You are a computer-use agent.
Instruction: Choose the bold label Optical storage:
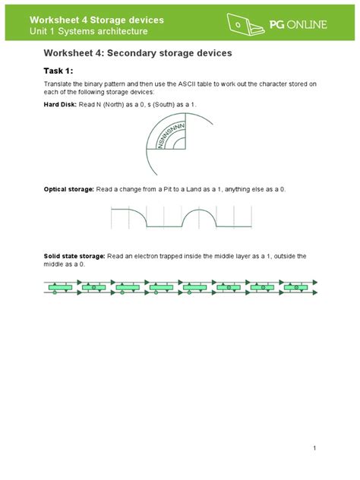(x=68, y=188)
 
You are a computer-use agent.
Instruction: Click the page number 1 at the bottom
(x=314, y=447)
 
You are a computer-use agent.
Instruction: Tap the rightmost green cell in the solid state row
(x=292, y=289)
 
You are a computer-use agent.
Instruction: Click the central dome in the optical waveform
(x=199, y=219)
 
